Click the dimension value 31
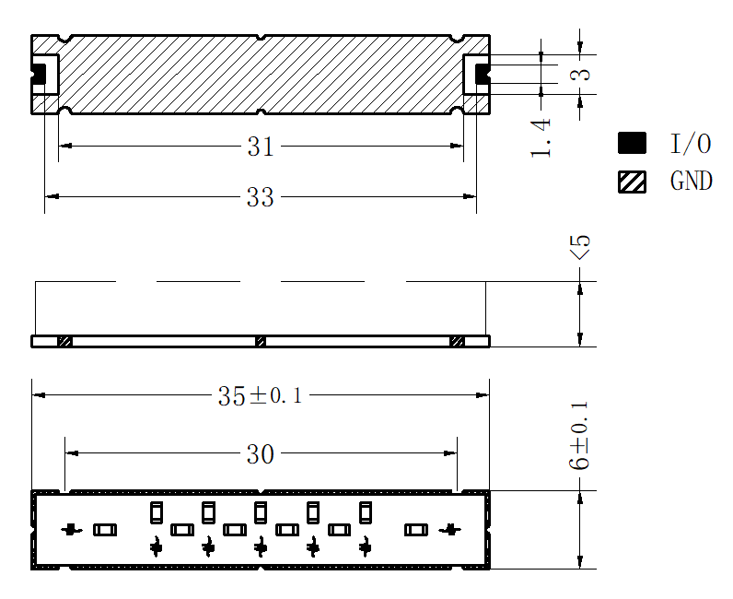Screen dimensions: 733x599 click(x=261, y=147)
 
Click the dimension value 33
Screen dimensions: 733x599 click(x=261, y=197)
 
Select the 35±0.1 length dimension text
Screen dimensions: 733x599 click(x=260, y=396)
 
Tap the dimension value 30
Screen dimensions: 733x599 click(x=261, y=454)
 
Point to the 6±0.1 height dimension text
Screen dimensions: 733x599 click(x=579, y=436)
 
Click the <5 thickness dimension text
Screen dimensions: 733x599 click(x=580, y=248)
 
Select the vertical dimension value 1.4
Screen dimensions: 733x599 click(x=541, y=138)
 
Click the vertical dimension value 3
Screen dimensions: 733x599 click(x=581, y=75)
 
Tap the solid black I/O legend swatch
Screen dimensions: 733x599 click(x=632, y=143)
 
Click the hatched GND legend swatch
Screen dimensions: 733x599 click(x=632, y=182)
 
